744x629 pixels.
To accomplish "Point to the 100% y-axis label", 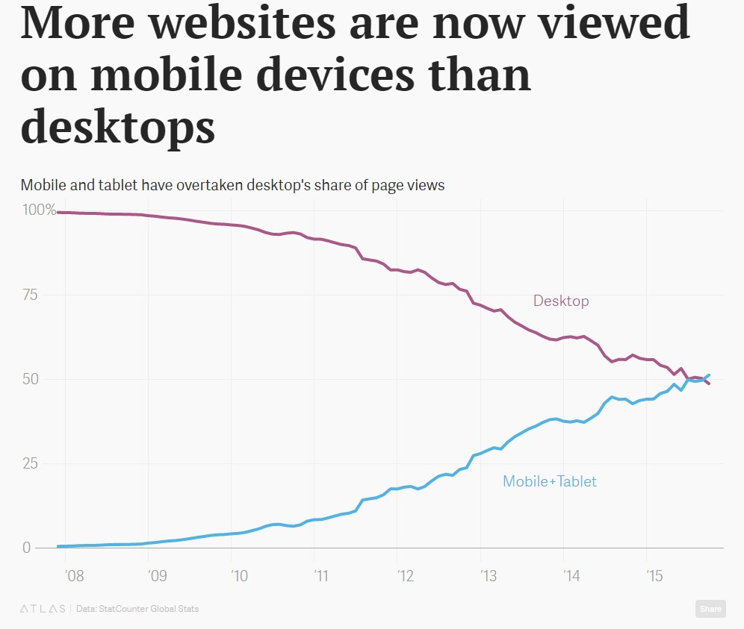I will pos(40,210).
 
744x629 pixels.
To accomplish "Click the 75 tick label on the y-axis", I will pos(31,295).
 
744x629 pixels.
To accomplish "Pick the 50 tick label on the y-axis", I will pos(31,379).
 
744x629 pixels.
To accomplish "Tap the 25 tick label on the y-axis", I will pos(31,463).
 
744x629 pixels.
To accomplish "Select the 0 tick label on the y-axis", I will pos(26,548).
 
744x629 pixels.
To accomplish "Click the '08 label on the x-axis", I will pos(73,576).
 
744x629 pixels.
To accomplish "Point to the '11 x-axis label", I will pos(321,576).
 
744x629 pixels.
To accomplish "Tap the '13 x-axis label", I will pos(488,576).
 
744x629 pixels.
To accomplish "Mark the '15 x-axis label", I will pos(654,576).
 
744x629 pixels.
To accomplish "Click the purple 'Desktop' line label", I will pos(560,301).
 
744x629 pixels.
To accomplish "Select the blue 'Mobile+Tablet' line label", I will pos(549,481).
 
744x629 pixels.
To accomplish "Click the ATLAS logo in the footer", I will pos(42,609).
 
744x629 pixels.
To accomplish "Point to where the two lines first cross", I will pos(689,380).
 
